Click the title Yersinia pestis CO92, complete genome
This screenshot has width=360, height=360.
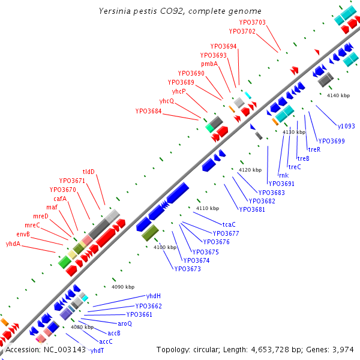180,11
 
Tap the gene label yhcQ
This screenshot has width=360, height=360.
166,101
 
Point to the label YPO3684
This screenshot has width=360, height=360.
148,111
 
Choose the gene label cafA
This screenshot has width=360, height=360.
60,199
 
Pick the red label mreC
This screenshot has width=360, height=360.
32,225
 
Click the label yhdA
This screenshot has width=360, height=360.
13,244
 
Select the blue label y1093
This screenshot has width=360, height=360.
346,126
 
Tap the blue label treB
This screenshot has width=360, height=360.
304,158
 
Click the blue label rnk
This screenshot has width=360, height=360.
284,175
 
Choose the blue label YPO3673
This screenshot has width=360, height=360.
188,269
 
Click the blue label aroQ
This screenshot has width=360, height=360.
125,323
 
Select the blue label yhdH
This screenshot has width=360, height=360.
154,296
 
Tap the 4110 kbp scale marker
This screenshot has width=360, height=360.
207,208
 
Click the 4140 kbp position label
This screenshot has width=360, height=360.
338,95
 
